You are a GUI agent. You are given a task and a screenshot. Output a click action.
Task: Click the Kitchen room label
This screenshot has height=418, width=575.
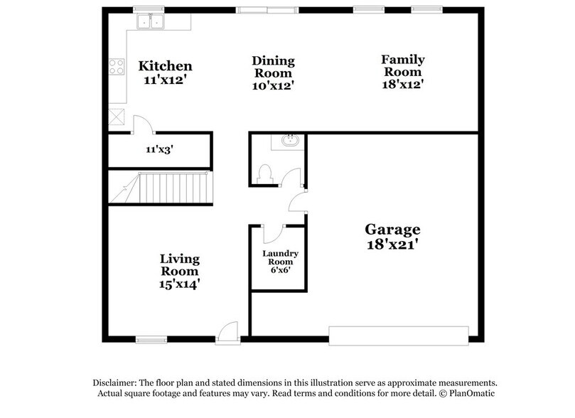click(x=165, y=66)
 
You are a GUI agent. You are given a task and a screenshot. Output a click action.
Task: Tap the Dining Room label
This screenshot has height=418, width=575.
click(x=274, y=67)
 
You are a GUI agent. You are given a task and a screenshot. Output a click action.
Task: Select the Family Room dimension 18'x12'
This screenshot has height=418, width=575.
click(x=403, y=85)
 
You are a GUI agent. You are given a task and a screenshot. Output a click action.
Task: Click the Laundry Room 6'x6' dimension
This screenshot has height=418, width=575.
click(x=281, y=270)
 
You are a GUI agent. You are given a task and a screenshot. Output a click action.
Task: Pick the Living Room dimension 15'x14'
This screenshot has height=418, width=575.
click(x=180, y=284)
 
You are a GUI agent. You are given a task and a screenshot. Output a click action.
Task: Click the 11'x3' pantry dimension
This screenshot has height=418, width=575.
click(x=159, y=149)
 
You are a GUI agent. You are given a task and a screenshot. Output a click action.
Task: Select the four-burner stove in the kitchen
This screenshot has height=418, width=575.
click(x=117, y=67)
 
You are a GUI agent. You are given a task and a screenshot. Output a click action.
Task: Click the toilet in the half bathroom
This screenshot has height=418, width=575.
click(x=265, y=173)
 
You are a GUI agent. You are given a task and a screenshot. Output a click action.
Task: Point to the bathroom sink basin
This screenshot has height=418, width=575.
click(x=290, y=141)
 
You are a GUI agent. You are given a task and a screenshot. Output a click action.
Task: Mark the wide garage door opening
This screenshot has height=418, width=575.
click(x=399, y=336)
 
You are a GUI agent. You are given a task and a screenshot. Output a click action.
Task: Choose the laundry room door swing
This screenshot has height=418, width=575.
click(x=274, y=234)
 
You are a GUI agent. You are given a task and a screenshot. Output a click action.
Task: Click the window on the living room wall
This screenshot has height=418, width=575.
click(x=151, y=341)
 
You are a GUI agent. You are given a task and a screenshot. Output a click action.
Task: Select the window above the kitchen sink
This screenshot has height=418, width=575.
click(x=149, y=9)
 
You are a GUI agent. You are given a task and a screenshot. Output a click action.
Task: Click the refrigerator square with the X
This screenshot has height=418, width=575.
click(x=117, y=117)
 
